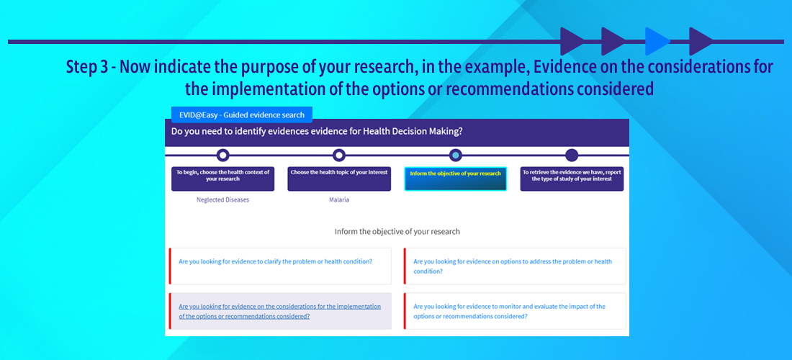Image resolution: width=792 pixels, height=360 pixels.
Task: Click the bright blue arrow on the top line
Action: click(x=657, y=42)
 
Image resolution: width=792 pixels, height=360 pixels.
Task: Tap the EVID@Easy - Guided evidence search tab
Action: click(x=242, y=114)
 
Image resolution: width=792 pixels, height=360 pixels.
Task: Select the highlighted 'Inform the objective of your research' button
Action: click(x=456, y=179)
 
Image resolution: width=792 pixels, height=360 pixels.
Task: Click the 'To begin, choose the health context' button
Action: click(x=222, y=179)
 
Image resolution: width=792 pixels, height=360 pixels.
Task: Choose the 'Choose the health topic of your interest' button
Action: click(x=339, y=179)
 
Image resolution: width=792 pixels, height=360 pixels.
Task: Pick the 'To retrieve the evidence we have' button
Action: click(x=572, y=179)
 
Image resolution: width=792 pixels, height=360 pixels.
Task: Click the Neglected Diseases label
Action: click(x=222, y=199)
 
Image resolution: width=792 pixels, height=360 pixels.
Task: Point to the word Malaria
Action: click(x=339, y=199)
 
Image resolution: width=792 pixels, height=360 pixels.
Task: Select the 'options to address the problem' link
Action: click(x=513, y=266)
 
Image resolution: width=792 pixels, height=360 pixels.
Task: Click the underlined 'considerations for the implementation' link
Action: click(x=280, y=311)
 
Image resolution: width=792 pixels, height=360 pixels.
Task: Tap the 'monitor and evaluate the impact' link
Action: click(x=510, y=311)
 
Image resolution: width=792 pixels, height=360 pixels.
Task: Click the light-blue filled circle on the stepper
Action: click(x=455, y=155)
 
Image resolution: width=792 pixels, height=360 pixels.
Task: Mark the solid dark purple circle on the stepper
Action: click(x=571, y=155)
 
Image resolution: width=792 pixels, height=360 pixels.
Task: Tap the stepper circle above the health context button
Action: click(x=222, y=155)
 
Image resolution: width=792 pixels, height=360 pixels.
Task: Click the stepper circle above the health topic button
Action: click(x=339, y=155)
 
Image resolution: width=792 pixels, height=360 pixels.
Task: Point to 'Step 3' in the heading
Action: click(x=87, y=68)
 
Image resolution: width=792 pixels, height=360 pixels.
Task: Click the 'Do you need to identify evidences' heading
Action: click(x=318, y=132)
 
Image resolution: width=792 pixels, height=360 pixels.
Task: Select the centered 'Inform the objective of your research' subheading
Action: click(x=397, y=232)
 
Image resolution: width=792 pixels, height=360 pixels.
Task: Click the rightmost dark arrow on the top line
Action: click(x=701, y=42)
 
